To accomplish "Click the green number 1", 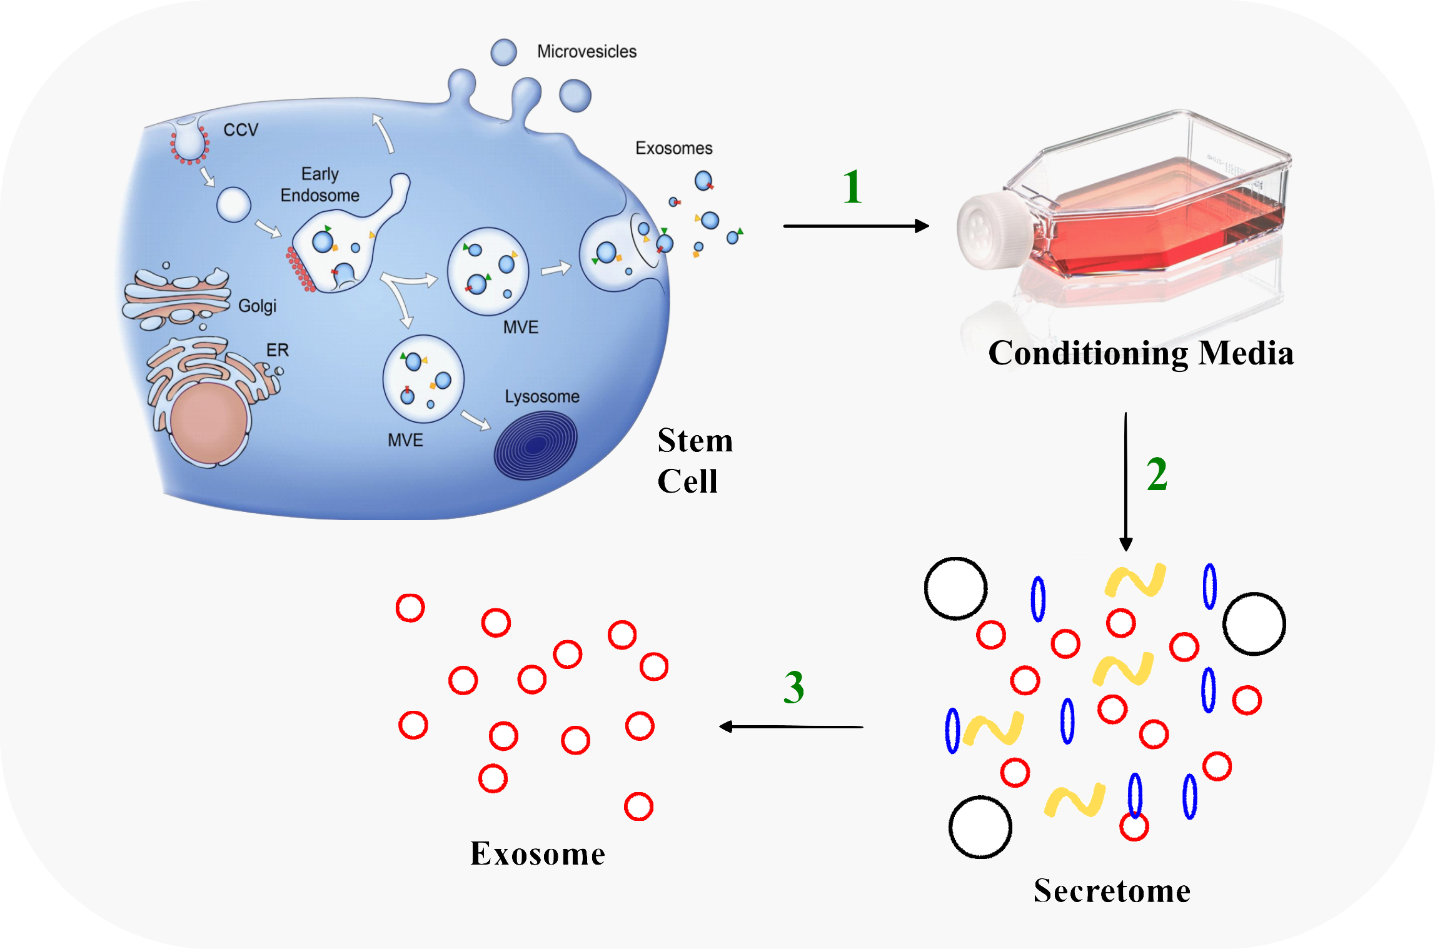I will pyautogui.click(x=852, y=187).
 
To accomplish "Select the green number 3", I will pyautogui.click(x=793, y=687).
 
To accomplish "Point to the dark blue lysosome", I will pyautogui.click(x=536, y=444).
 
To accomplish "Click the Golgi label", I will pyautogui.click(x=257, y=306).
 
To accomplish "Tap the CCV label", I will pyautogui.click(x=241, y=130).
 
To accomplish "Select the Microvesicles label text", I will pyautogui.click(x=587, y=51).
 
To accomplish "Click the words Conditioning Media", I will pyautogui.click(x=1140, y=353).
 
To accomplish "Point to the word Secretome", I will pyautogui.click(x=1112, y=890).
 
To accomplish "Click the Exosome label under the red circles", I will pyautogui.click(x=538, y=853).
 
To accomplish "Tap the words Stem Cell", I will pyautogui.click(x=694, y=460).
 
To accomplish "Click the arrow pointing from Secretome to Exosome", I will pyautogui.click(x=791, y=726).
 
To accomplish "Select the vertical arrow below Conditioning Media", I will pyautogui.click(x=1125, y=481).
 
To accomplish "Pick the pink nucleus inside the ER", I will pyautogui.click(x=209, y=423).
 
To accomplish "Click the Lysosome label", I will pyautogui.click(x=542, y=396).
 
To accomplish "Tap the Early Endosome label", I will pyautogui.click(x=320, y=184).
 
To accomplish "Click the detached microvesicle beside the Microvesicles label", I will pyautogui.click(x=503, y=53).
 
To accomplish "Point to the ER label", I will pyautogui.click(x=278, y=349).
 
